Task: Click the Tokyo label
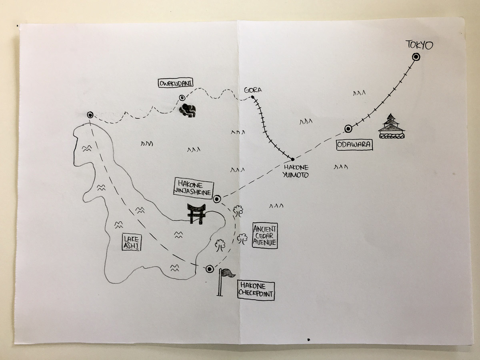click(419, 45)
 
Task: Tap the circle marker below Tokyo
click(416, 57)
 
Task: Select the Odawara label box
click(354, 145)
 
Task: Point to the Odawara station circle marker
click(348, 129)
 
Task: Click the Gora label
click(253, 90)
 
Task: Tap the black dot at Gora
click(252, 97)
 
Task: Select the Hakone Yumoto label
click(296, 171)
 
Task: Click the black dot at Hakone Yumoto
click(292, 159)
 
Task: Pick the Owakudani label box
click(176, 83)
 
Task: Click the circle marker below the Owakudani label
click(182, 98)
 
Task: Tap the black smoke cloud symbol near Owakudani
click(188, 110)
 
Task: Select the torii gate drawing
click(196, 214)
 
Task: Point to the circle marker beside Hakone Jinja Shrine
click(217, 199)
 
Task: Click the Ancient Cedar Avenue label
click(265, 236)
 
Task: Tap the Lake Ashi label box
click(132, 242)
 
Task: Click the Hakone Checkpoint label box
click(256, 291)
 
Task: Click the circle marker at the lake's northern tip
click(90, 115)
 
